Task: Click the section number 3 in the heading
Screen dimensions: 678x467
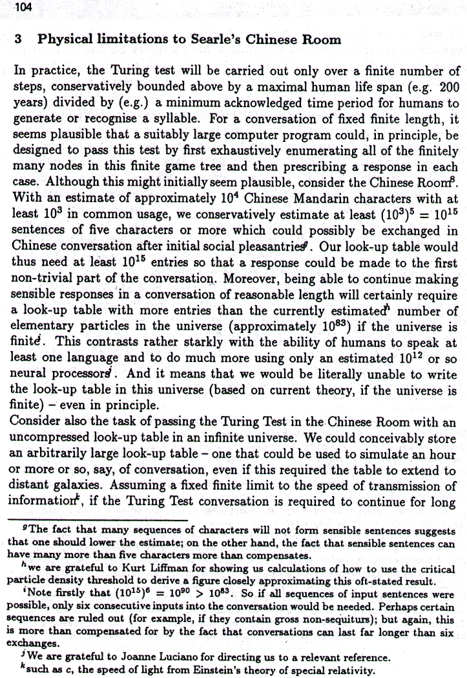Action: click(19, 39)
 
